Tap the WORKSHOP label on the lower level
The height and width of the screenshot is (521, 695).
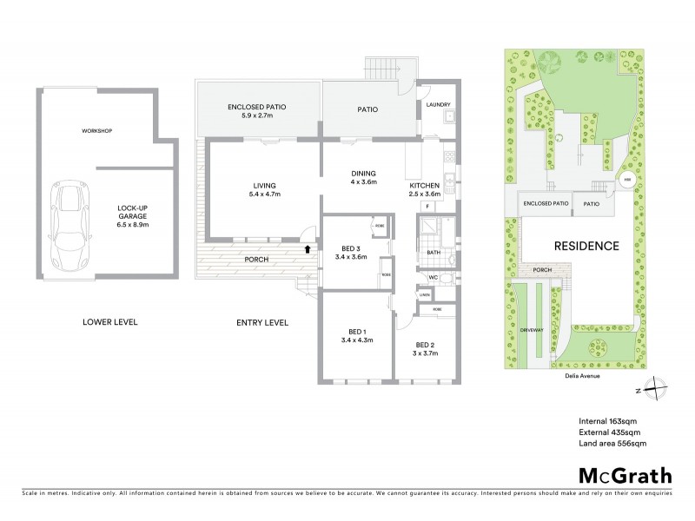click(x=97, y=131)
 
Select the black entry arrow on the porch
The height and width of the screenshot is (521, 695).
click(x=307, y=249)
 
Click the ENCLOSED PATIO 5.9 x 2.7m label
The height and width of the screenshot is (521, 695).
click(x=257, y=109)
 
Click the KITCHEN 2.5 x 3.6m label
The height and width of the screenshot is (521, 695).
click(x=427, y=190)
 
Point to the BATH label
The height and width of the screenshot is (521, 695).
click(x=435, y=254)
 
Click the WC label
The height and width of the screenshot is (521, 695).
click(x=432, y=277)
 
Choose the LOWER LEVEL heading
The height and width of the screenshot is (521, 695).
click(x=110, y=322)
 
